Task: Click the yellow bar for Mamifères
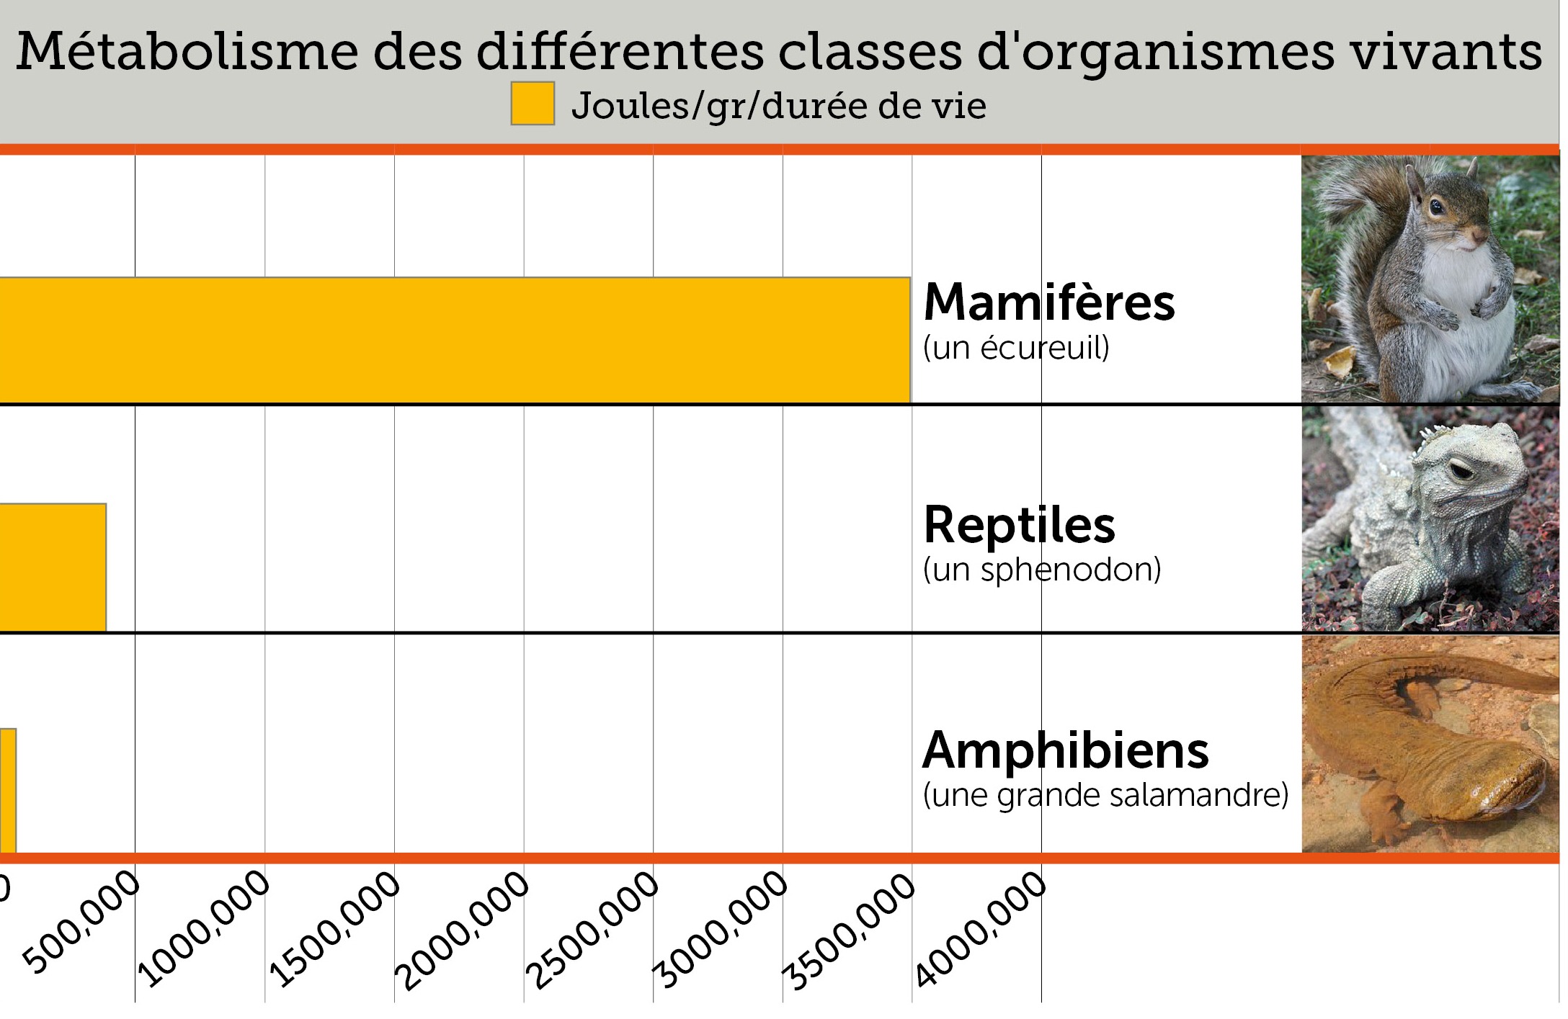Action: tap(454, 340)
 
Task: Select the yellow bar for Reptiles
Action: tap(53, 567)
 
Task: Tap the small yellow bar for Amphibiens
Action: tap(7, 791)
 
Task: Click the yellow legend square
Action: tap(533, 104)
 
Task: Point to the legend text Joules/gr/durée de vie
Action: tap(778, 107)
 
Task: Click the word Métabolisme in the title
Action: tap(187, 52)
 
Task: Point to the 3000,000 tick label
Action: tap(721, 930)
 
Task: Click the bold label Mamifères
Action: tap(1048, 302)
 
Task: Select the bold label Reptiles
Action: tap(1019, 525)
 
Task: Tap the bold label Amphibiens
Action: tap(1065, 750)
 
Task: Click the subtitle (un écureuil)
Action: tap(1016, 349)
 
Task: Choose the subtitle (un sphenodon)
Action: tap(1042, 570)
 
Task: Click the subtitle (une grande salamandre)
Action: tap(1105, 795)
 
